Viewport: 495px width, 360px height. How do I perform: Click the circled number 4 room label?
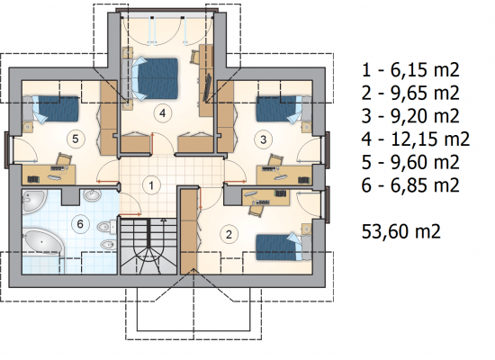tap(163, 113)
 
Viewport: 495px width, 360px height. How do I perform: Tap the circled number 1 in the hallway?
tap(151, 185)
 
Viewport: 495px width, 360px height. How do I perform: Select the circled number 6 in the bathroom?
tap(80, 224)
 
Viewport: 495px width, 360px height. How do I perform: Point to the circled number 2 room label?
tap(229, 234)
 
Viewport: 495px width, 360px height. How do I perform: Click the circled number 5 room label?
tap(75, 139)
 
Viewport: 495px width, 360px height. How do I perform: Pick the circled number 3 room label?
tap(264, 139)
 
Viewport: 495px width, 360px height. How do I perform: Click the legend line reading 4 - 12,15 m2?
tap(416, 139)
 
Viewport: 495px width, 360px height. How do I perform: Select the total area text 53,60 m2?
tap(400, 231)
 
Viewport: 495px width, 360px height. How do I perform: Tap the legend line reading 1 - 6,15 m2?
tap(410, 70)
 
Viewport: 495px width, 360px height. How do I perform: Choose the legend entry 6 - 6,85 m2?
tap(410, 185)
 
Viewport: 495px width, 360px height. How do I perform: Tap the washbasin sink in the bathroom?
tap(92, 194)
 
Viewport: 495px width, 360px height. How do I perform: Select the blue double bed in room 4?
tap(155, 78)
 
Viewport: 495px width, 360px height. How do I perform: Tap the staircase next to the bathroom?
tap(148, 246)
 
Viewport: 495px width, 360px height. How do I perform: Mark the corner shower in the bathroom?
tap(35, 201)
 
